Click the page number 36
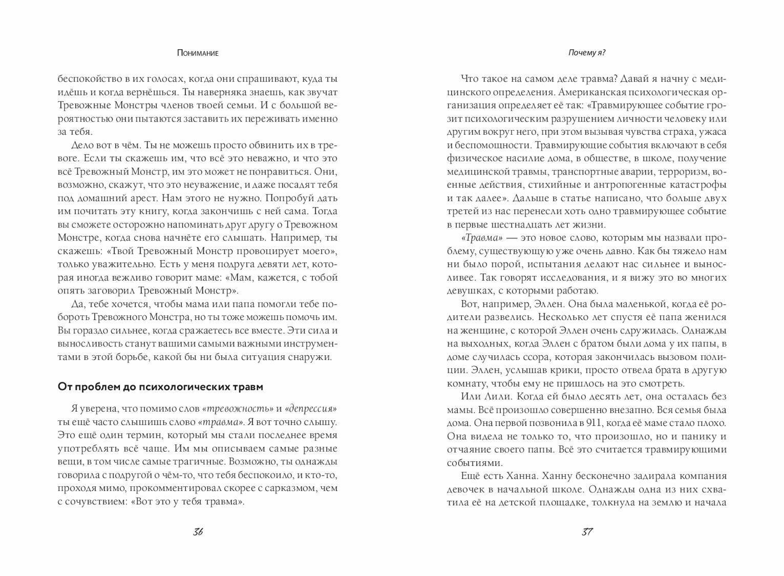198,531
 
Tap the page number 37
587,531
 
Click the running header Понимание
198,53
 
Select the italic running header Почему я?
587,53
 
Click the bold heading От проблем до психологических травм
160,387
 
